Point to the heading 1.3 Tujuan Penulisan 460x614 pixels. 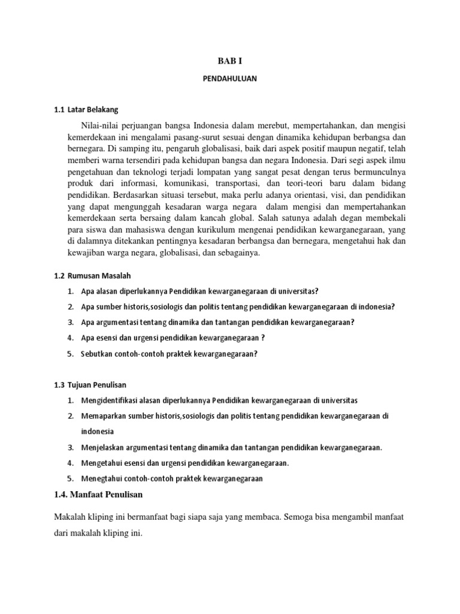[x=90, y=384]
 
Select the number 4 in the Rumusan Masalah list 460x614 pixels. [x=70, y=338]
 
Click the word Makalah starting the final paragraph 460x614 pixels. [x=69, y=516]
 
